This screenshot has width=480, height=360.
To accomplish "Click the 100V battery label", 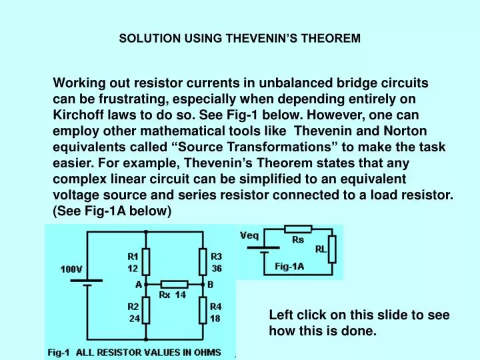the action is (x=71, y=269).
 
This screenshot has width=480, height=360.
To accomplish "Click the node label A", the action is (x=139, y=283).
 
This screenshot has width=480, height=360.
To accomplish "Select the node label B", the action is (x=211, y=283).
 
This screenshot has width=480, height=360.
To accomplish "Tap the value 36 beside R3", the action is (x=217, y=269).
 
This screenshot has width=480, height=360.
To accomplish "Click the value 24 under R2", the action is (x=134, y=319).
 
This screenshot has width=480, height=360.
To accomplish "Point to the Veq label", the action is (x=250, y=237).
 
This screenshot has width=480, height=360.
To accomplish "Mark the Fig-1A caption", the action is (x=289, y=267).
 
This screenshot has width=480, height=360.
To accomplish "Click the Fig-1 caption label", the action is (x=57, y=352).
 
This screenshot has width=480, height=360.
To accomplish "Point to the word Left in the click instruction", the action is (x=279, y=315).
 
